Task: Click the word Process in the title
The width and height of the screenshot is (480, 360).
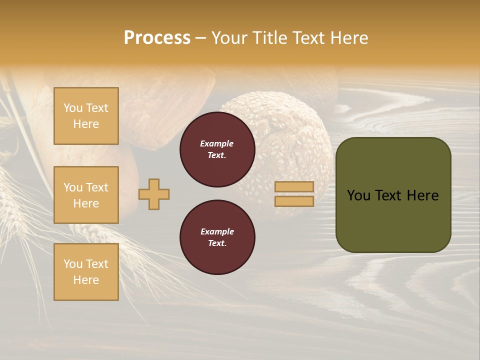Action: [x=157, y=38]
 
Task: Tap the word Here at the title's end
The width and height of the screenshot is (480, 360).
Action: [x=349, y=38]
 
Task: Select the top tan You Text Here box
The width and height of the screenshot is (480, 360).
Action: [x=86, y=116]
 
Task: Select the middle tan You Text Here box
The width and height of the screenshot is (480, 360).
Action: [x=86, y=195]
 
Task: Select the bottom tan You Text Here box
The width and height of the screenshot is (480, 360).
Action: [x=86, y=272]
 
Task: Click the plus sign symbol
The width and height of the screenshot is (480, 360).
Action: [x=154, y=194]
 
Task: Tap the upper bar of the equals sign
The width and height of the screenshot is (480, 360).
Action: [x=294, y=186]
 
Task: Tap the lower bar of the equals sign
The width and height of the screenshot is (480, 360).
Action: [x=294, y=201]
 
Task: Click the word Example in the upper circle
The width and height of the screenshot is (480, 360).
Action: [x=217, y=143]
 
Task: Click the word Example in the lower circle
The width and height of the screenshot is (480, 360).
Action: [x=217, y=231]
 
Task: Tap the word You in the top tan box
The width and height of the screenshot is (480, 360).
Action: [x=73, y=108]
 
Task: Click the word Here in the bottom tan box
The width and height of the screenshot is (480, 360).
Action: [x=86, y=280]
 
